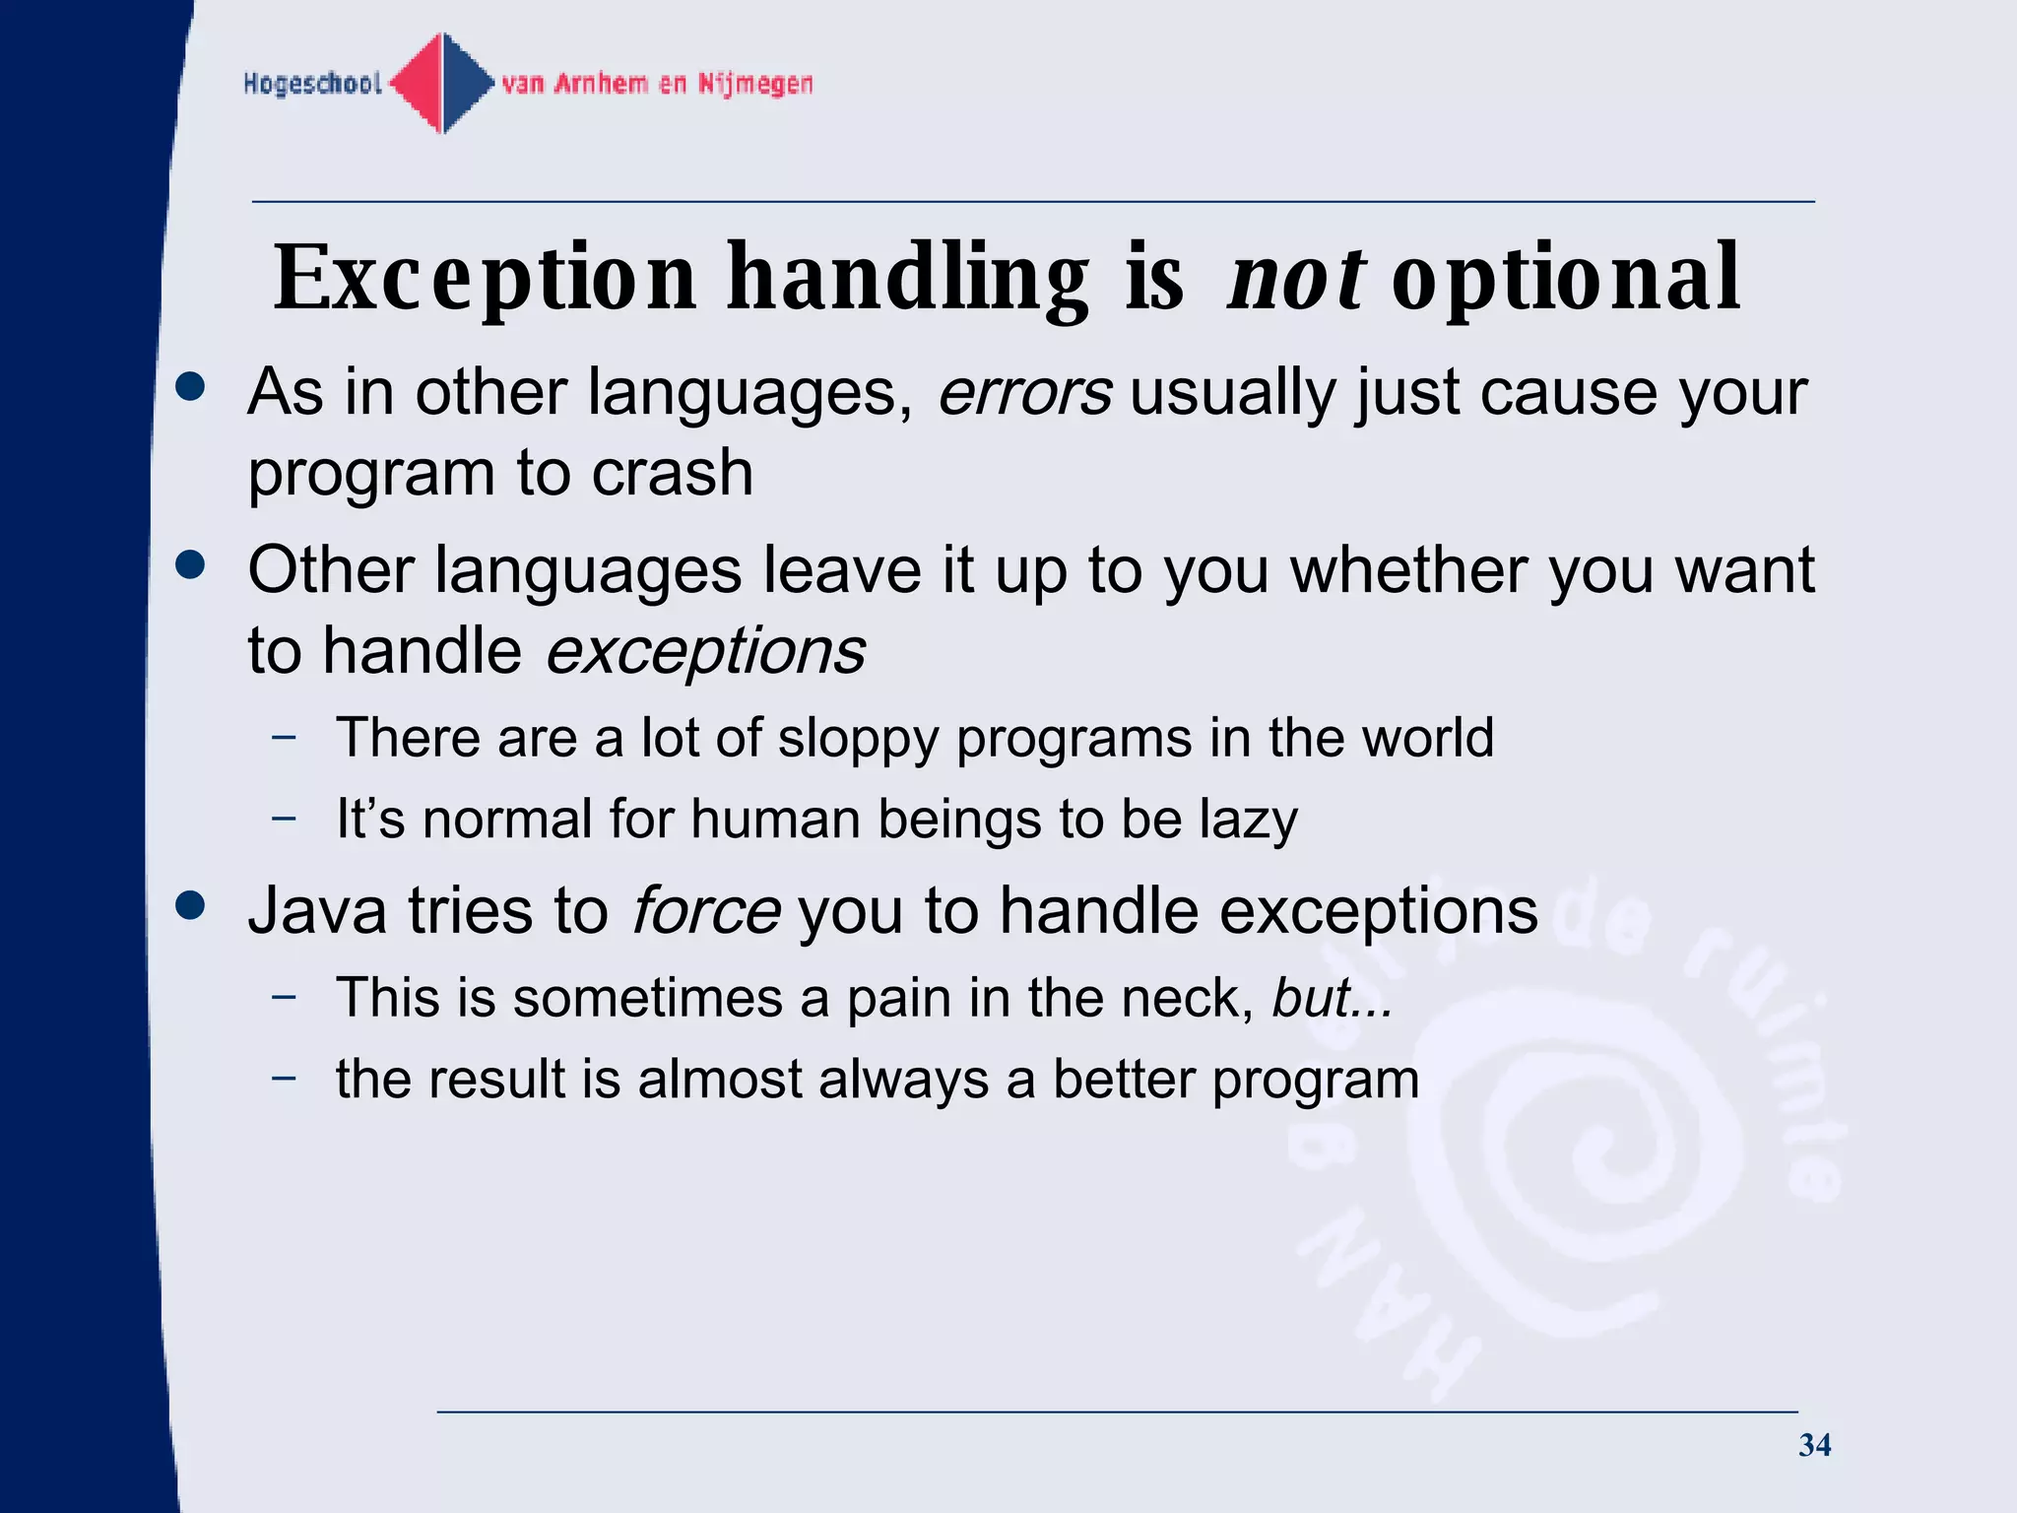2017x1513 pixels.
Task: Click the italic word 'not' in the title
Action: (1295, 279)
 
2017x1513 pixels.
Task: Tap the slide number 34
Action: (1814, 1445)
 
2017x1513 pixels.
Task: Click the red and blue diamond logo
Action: (442, 84)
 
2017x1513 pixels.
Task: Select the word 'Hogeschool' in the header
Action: (312, 84)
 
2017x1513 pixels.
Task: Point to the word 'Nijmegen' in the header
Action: (755, 84)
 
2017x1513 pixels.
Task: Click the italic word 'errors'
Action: (1024, 393)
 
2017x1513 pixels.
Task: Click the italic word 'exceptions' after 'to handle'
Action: (705, 652)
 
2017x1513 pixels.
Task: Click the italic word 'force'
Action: (705, 910)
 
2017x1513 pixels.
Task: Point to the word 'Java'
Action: (316, 910)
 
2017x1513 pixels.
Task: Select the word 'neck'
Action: (1186, 998)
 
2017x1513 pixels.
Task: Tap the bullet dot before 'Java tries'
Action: (190, 905)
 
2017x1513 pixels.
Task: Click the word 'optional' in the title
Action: (1566, 279)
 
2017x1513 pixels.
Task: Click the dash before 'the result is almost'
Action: (284, 1078)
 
